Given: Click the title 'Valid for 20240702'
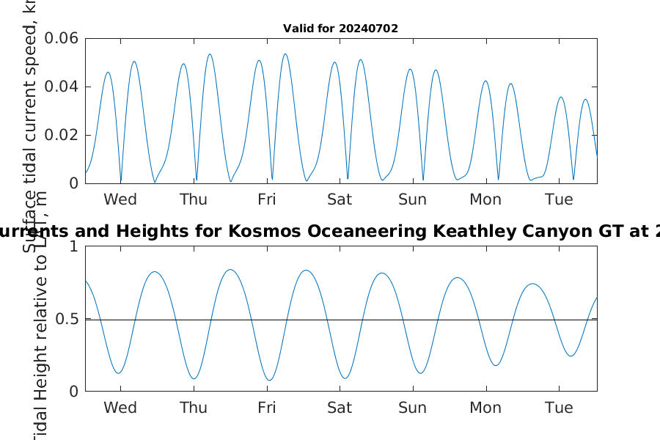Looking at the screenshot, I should [340, 29].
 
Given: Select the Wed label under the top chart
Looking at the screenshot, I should [120, 199].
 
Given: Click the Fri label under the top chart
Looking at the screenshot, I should [267, 199].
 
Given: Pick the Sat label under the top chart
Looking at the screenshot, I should [340, 199].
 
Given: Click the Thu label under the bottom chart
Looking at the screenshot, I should [194, 408].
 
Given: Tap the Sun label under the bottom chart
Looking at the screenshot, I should [413, 408].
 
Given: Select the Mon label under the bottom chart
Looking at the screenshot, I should [485, 408].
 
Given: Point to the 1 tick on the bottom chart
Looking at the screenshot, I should [73, 246].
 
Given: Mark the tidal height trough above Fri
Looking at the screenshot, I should [270, 380].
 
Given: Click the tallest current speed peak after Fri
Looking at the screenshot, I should [285, 54].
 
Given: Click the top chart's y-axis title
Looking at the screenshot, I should [30, 125].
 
